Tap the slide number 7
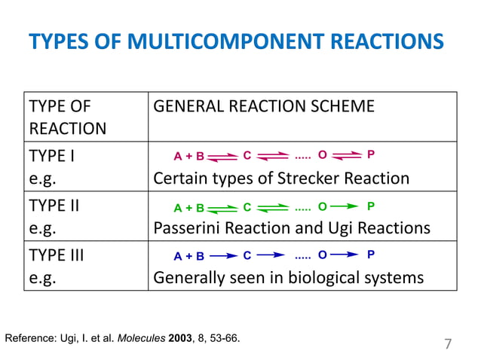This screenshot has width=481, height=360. [447, 345]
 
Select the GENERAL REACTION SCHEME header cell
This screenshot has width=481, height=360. [263, 106]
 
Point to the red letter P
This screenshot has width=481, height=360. [369, 155]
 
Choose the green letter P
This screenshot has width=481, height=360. [370, 205]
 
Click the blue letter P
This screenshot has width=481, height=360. [370, 255]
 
